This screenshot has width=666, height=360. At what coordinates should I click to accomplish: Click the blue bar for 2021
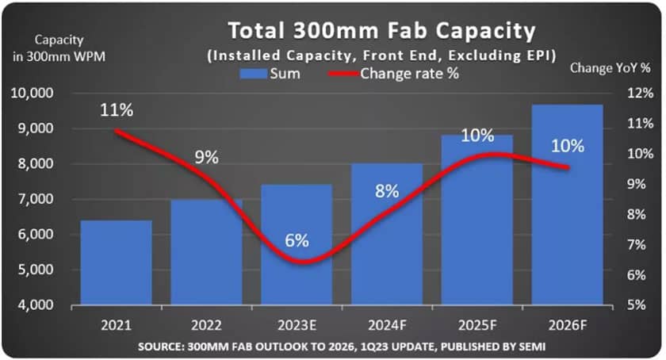[x=116, y=262]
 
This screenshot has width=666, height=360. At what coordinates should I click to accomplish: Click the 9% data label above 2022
[x=206, y=157]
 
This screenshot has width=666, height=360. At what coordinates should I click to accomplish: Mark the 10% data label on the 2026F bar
[x=567, y=146]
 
